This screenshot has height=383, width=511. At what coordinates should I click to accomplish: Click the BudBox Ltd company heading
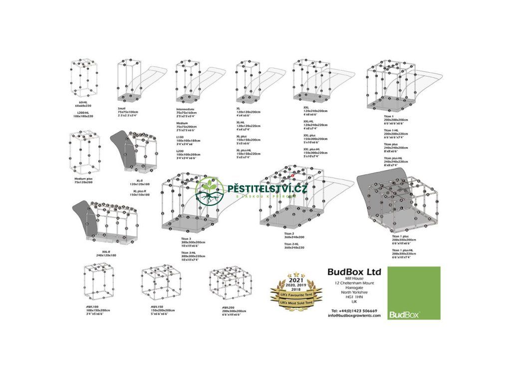click(x=354, y=272)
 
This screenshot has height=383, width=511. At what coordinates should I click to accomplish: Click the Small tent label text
click(x=122, y=108)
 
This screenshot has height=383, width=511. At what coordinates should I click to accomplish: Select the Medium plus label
click(x=84, y=179)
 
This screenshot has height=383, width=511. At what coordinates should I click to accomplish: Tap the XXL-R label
click(x=106, y=251)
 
